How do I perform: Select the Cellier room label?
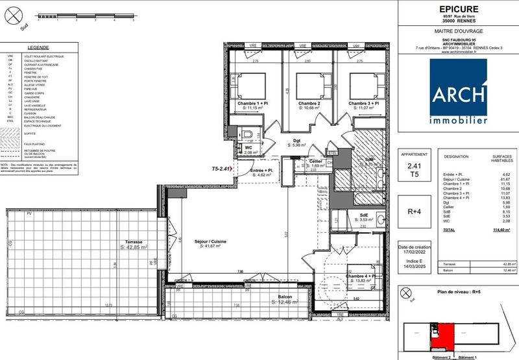pos(316,161)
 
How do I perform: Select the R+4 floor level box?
pos(415,211)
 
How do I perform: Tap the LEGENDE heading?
pos(39,47)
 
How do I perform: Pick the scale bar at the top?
pos(84,14)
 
